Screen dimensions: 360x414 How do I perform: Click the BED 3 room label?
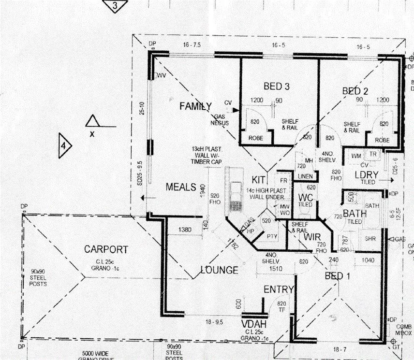[276, 86]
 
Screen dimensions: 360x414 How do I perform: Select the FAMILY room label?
[195, 106]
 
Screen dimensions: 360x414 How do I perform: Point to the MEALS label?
[180, 187]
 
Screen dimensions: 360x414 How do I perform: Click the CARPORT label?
[106, 249]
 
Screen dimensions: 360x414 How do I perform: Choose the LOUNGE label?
[220, 270]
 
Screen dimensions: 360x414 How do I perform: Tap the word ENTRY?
[279, 289]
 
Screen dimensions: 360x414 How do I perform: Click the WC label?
[306, 197]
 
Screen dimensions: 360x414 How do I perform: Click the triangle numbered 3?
[114, 6]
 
